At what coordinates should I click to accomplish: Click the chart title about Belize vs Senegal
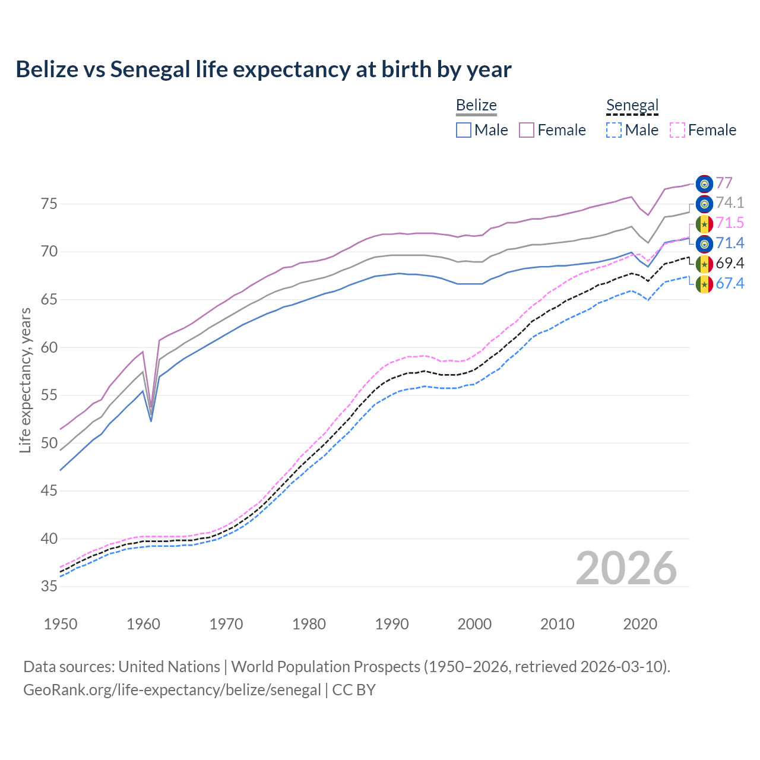pos(263,69)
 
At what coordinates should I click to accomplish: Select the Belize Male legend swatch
pos(464,130)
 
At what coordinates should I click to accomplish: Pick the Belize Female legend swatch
pos(527,130)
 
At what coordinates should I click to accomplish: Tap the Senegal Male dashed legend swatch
pos(614,130)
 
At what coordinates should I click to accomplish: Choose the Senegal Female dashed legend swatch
pos(677,130)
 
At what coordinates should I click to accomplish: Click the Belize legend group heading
pos(476,105)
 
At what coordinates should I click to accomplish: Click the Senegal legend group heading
pos(632,105)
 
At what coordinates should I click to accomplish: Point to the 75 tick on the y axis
pos(49,204)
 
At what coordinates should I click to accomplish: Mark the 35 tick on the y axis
pos(49,587)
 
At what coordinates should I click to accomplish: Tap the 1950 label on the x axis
pos(61,624)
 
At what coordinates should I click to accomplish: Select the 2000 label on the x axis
pos(475,624)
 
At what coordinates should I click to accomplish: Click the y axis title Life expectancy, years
pos(25,380)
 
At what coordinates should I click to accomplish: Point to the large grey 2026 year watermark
pos(626,568)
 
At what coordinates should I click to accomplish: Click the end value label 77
pos(724,183)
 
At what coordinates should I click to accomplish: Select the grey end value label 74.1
pos(730,203)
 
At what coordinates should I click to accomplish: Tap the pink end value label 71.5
pos(730,223)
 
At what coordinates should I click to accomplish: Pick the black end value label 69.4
pos(730,264)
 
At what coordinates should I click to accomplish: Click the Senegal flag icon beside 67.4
pos(704,284)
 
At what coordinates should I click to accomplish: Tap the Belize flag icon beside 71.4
pos(704,243)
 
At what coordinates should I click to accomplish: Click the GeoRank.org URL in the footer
pos(172,690)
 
